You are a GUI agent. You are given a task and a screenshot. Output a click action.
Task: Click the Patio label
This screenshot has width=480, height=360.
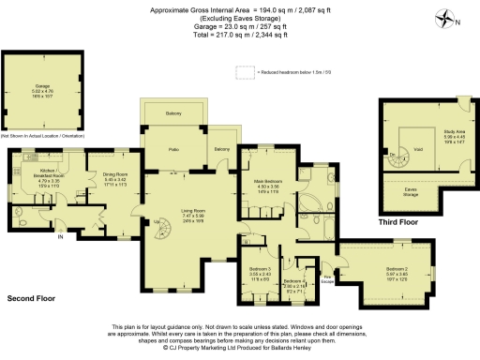173,148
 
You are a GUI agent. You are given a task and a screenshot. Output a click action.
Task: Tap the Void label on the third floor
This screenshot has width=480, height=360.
417,148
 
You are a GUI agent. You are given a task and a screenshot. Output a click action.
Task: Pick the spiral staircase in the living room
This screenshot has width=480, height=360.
158,226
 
